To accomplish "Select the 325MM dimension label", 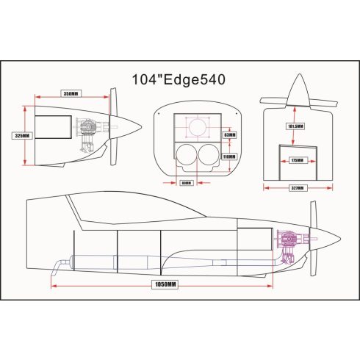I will [22, 136].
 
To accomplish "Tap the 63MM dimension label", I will [228, 135].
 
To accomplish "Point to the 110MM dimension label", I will [228, 156].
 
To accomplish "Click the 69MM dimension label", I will [186, 183].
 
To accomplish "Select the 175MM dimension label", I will [297, 159].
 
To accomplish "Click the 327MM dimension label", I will [297, 188].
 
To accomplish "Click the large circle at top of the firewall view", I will [198, 128].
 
